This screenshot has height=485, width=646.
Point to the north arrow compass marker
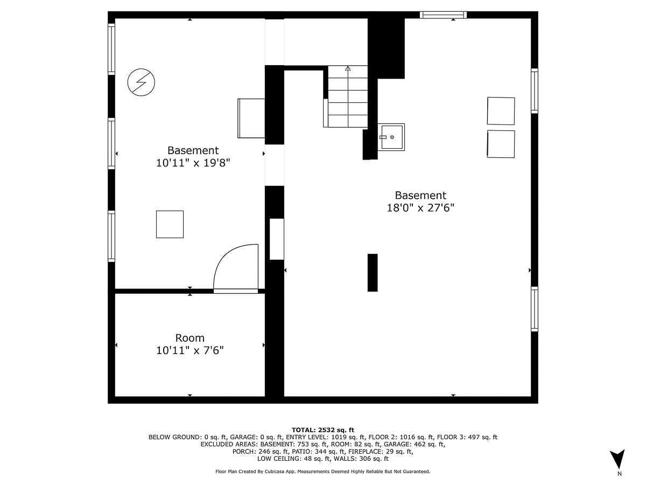tap(619, 460)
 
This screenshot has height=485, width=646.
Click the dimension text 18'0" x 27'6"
tap(420, 207)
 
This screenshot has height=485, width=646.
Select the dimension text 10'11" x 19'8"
tap(193, 162)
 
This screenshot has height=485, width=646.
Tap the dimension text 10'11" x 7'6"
tap(189, 350)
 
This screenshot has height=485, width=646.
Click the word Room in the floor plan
tap(189, 338)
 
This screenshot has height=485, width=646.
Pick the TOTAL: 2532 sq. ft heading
tap(322, 429)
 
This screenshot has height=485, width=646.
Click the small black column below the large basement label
tap(372, 272)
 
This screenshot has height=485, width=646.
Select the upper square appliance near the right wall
tap(501, 111)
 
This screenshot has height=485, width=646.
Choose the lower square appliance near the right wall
tap(501, 144)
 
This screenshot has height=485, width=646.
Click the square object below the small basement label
tap(170, 224)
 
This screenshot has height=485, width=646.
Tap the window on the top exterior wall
tap(443, 15)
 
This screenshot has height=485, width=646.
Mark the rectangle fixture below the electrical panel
tap(251, 118)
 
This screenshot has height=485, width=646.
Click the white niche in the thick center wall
tap(276, 239)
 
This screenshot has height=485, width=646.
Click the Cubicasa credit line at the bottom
tap(322, 472)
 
